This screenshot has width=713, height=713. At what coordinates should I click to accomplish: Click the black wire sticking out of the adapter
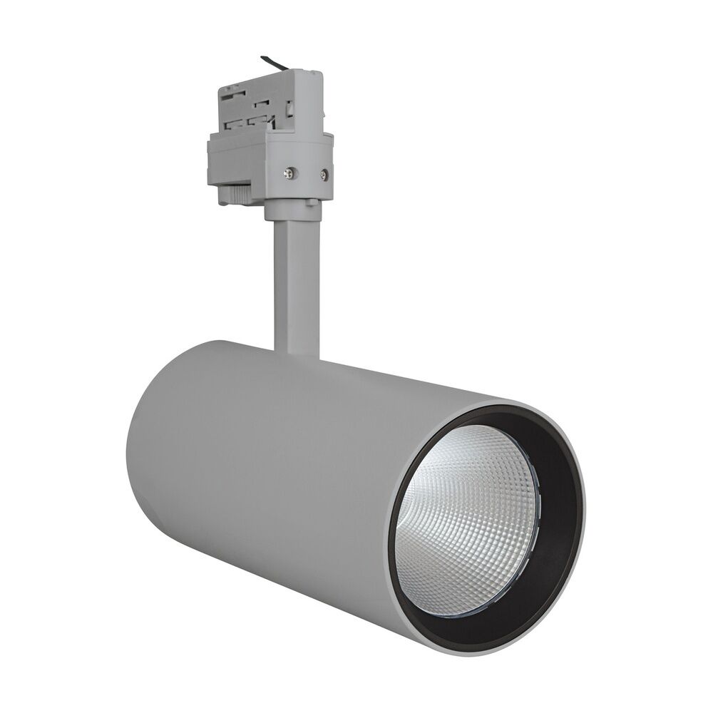pos(274,62)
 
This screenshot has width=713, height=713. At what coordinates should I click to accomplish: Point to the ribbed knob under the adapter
pos(235,193)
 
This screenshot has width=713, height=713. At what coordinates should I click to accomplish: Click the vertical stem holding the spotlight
pos(296,285)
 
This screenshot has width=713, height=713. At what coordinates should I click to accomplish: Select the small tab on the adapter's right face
pos(291,108)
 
